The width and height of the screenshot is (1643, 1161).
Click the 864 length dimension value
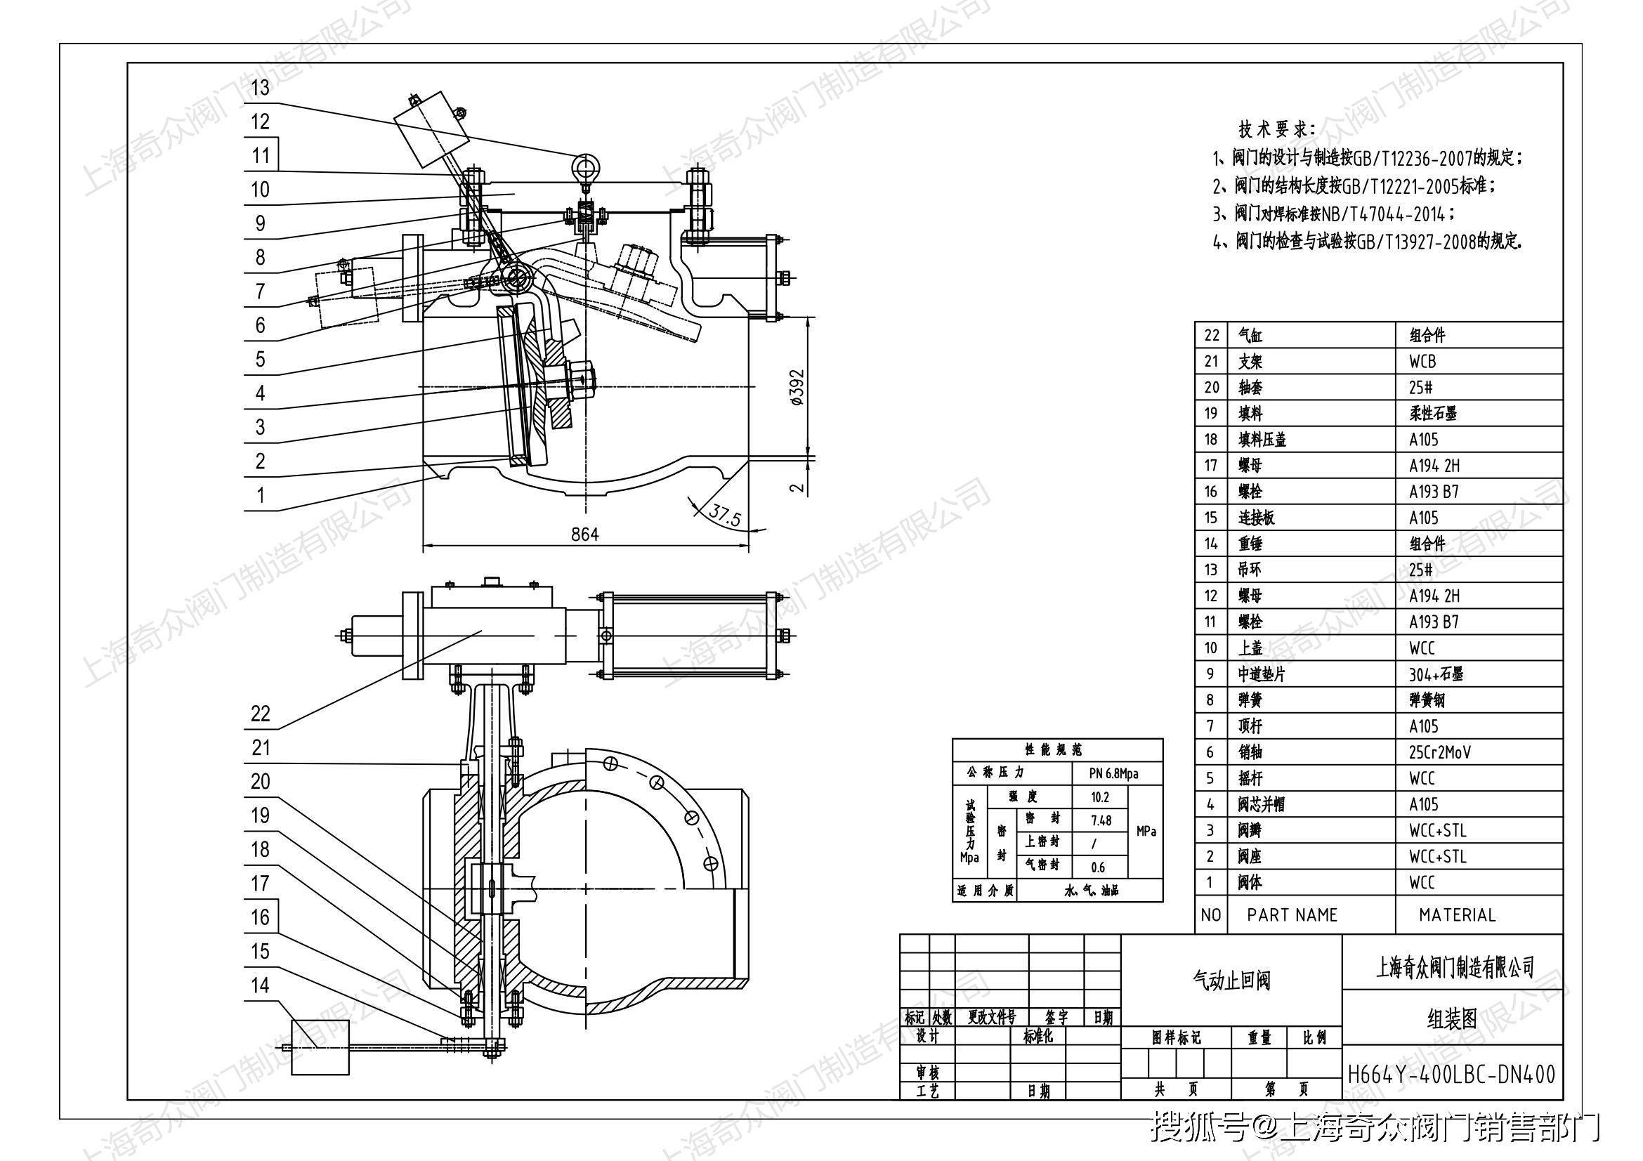click(584, 534)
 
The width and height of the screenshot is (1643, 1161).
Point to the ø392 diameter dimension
click(798, 388)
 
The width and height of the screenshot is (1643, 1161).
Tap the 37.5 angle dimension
click(725, 514)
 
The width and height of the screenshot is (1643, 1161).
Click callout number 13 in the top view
click(261, 87)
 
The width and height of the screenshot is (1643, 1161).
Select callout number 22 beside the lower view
click(261, 713)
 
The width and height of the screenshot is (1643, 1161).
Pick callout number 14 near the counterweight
click(261, 985)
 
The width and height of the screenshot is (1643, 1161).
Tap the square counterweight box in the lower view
click(320, 1047)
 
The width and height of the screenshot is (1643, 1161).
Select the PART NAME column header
click(1292, 915)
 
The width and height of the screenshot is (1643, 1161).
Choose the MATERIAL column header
click(1457, 915)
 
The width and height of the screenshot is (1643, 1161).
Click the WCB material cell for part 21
click(1422, 361)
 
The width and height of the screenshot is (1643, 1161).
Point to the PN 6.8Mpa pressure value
click(1113, 773)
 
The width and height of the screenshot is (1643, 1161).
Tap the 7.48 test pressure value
click(1101, 820)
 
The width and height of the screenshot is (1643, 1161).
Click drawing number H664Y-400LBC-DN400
click(1451, 1075)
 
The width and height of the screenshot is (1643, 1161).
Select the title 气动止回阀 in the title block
click(1231, 980)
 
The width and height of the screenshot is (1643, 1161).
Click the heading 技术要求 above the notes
click(1276, 129)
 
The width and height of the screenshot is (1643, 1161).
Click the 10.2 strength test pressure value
click(1100, 797)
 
